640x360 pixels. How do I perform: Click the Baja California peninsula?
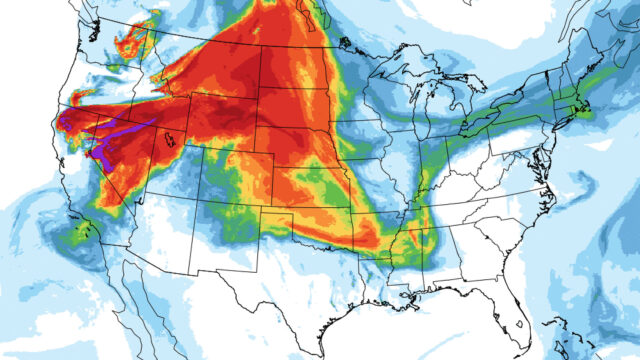coord(135,300)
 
